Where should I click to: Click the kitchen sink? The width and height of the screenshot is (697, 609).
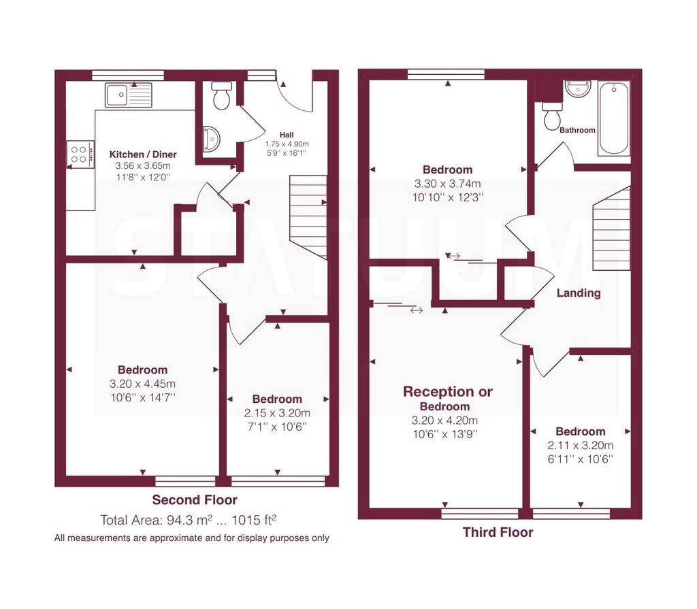coord(129,95)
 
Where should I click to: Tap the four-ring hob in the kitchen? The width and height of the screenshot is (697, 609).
coord(80,154)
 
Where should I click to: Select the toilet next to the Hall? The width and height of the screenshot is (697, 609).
coord(221,95)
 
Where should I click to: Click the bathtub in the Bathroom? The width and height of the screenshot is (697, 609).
coord(614,118)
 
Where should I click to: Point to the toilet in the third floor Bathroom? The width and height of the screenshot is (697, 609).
coord(552,116)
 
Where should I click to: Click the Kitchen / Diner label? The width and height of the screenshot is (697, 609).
coord(143,154)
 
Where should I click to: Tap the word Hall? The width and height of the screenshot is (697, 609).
coord(287,135)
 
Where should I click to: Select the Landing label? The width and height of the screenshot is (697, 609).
coord(579,293)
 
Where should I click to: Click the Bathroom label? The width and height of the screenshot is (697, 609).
coord(577,130)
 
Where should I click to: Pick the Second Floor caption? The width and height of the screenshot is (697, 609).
coord(195,499)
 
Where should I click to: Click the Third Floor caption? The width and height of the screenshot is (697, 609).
coord(498,532)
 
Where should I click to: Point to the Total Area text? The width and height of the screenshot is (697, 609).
coord(189,520)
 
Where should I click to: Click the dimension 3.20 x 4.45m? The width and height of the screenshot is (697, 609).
coord(143,384)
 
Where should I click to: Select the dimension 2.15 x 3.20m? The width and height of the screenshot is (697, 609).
coord(278,413)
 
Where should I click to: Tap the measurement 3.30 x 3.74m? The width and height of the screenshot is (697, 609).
coord(448,184)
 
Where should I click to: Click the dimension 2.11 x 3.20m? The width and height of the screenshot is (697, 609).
coord(581,446)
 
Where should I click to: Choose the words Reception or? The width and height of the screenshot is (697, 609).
coord(448,392)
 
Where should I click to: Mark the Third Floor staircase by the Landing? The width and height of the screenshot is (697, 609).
coord(612,229)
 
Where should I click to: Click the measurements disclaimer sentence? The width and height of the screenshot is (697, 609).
coord(191,538)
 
